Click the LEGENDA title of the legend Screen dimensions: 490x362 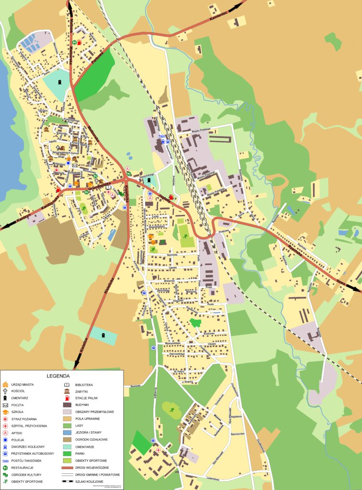pos(58,376)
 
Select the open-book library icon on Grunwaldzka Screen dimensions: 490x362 pos(108,187)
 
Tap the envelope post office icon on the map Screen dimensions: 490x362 pos(75,166)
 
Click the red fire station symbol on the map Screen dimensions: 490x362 pos(57,169)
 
